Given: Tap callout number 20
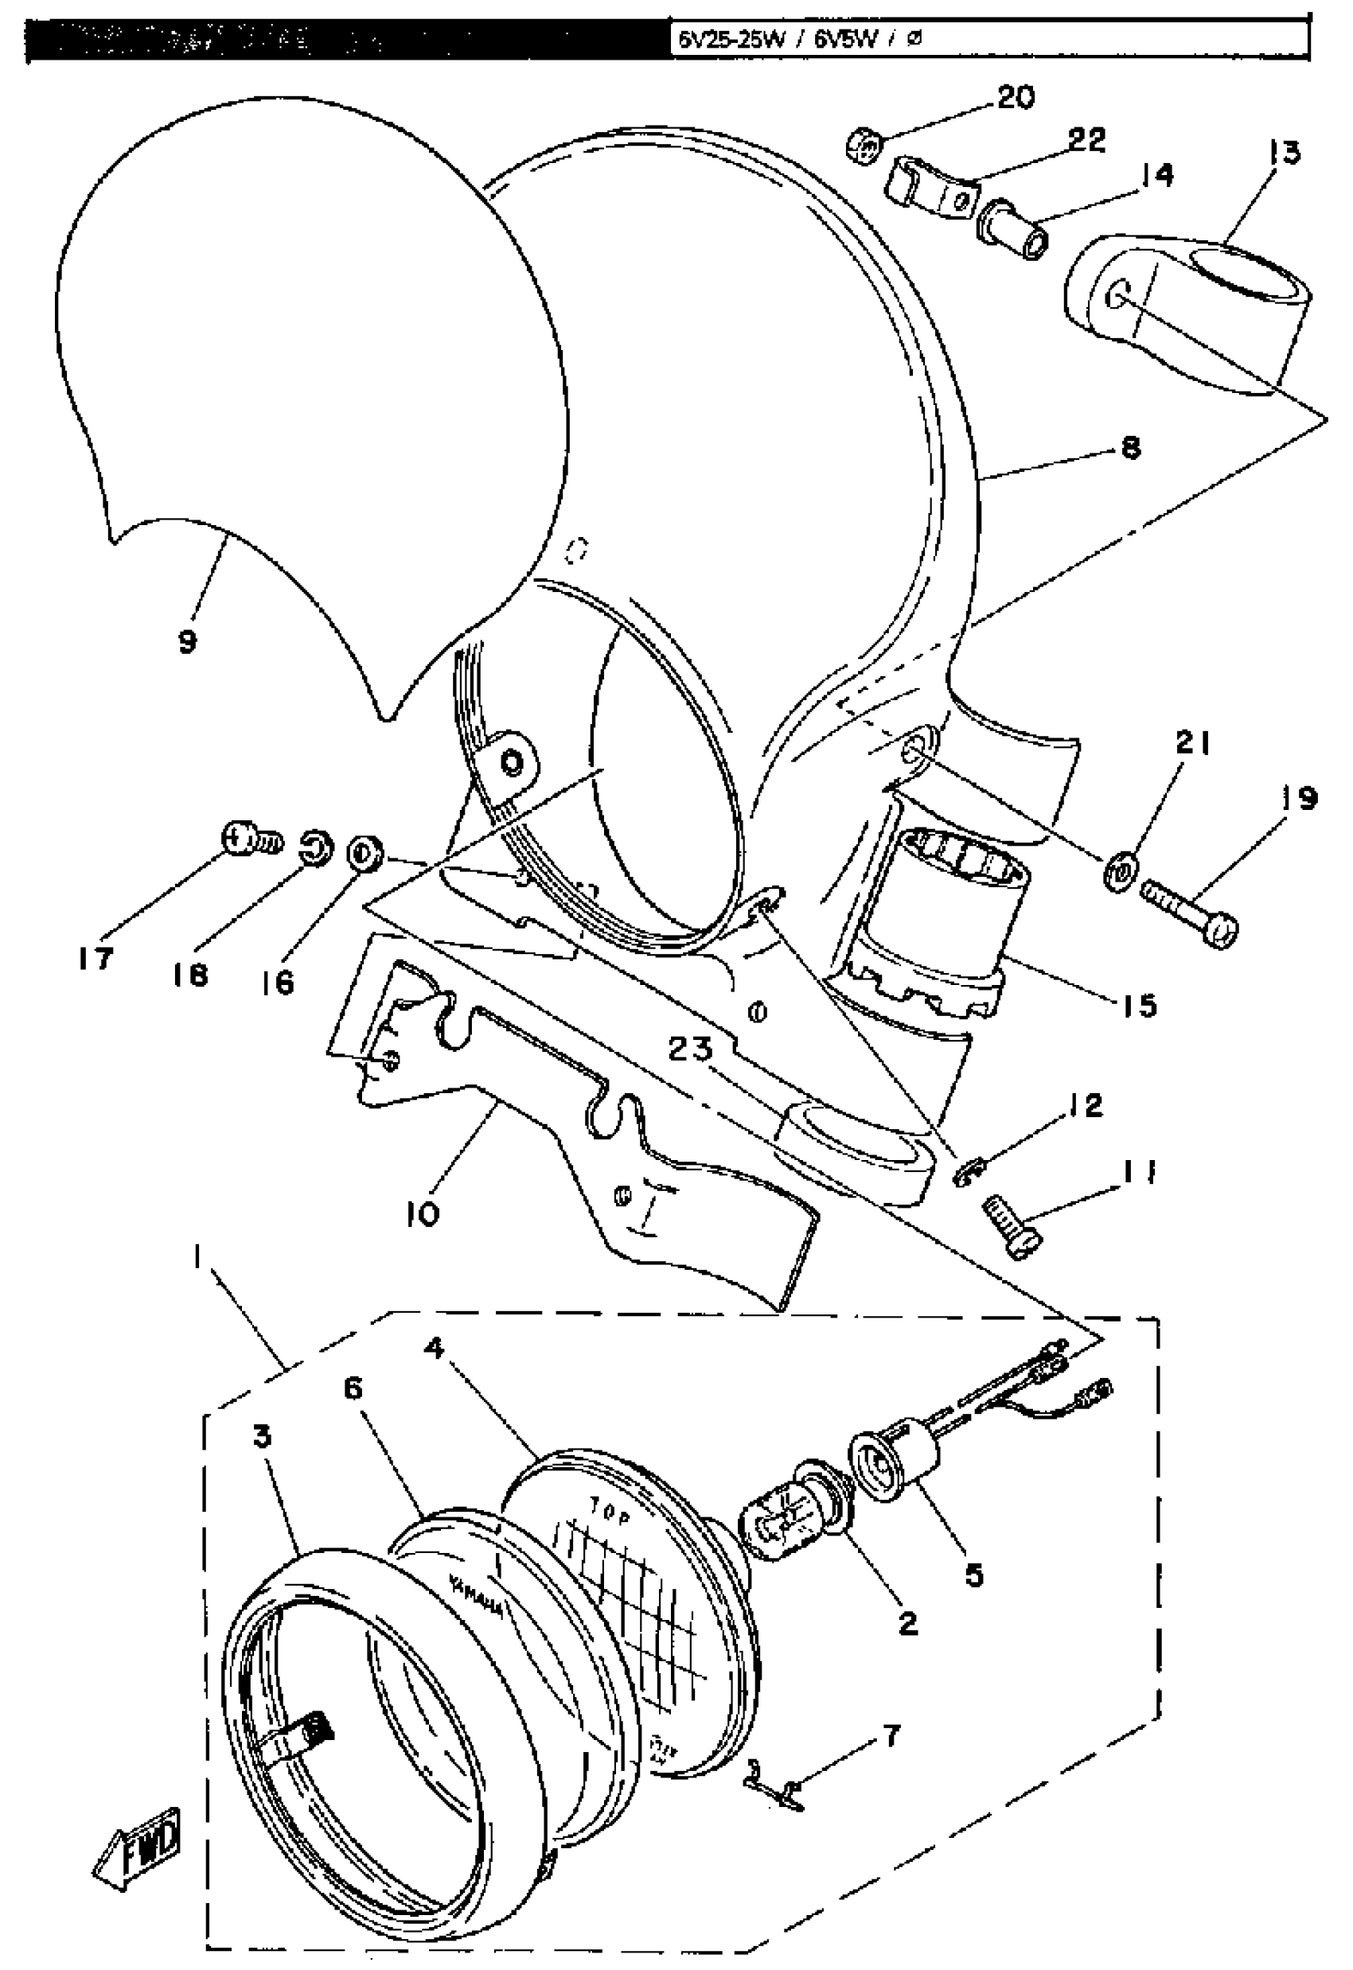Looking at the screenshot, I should (1016, 99).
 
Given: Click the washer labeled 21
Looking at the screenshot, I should (1118, 870).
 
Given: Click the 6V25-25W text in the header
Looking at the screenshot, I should (729, 40).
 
